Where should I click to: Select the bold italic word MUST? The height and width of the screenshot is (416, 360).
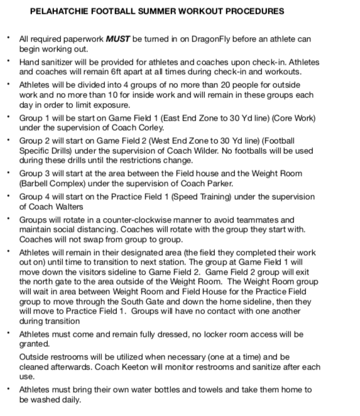coord(111,39)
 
